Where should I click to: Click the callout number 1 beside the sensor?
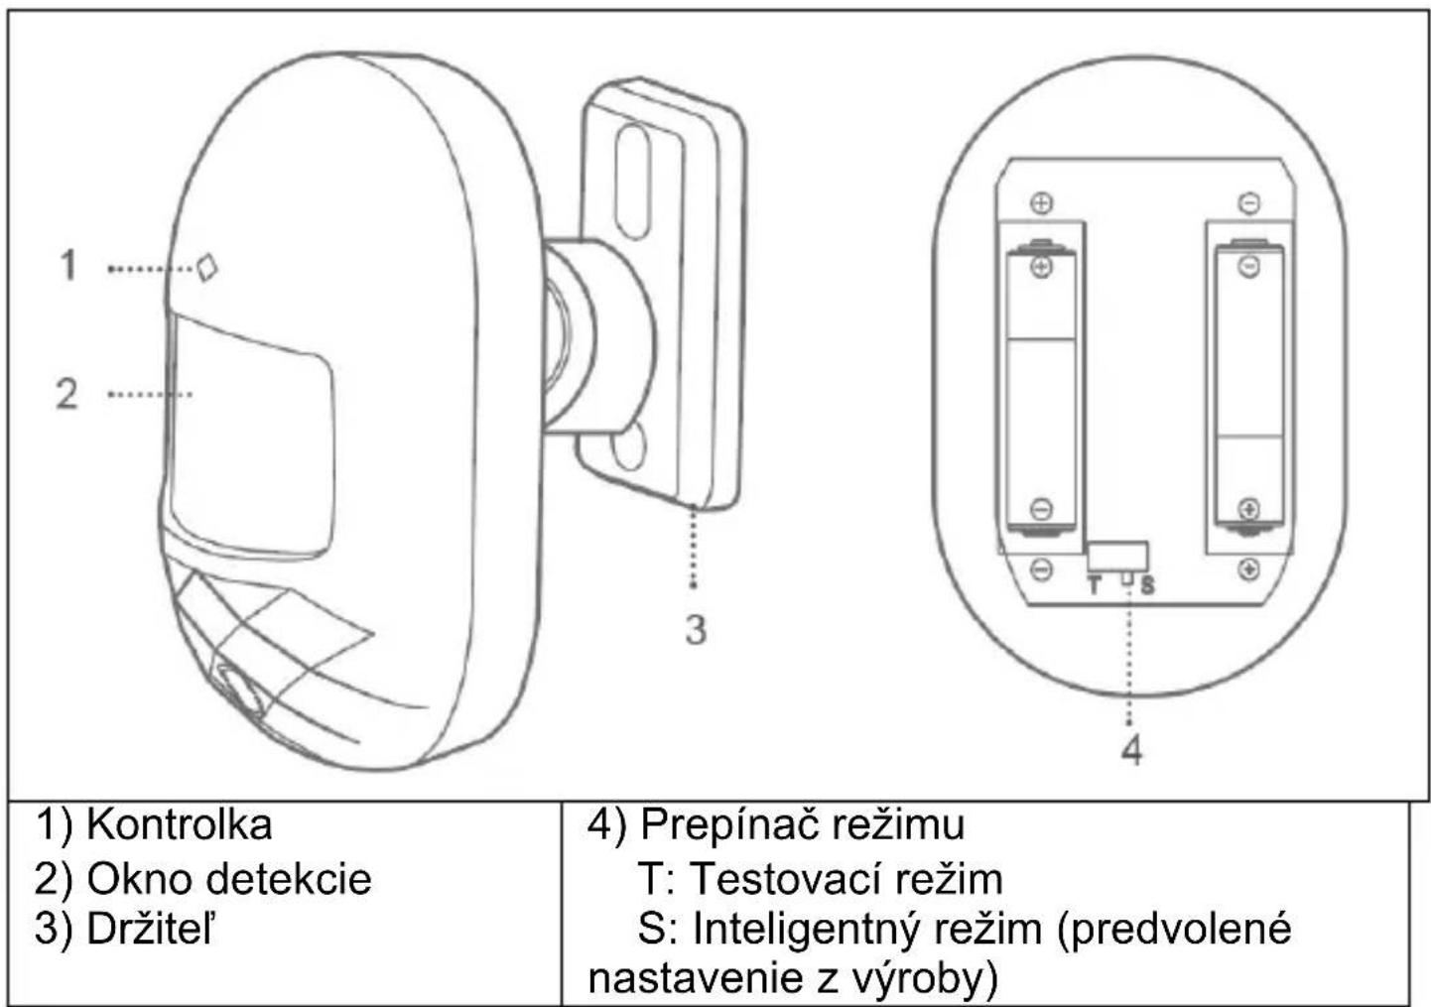click(68, 265)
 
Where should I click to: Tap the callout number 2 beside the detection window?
click(67, 393)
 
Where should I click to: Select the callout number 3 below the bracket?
click(696, 630)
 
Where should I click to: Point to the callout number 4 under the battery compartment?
click(1132, 750)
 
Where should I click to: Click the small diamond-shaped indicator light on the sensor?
click(207, 268)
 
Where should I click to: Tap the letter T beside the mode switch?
click(1095, 585)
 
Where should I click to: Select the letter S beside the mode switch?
click(1148, 585)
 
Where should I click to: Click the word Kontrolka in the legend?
click(180, 824)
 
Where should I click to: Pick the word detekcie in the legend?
click(290, 879)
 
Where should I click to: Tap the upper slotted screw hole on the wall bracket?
click(632, 182)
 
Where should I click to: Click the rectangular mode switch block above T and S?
click(1118, 557)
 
